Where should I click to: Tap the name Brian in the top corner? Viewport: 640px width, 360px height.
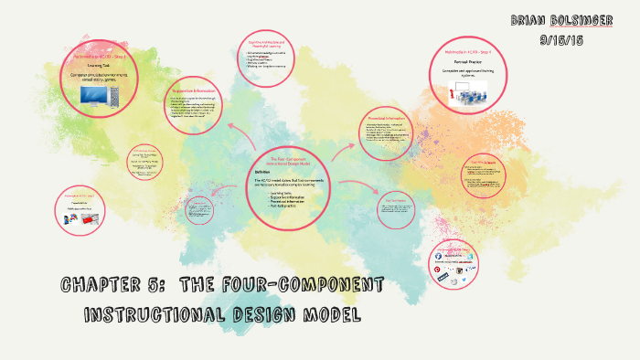(x=529, y=19)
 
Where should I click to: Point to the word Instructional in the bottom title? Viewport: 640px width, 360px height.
(x=150, y=315)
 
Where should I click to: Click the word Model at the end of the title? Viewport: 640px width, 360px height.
(x=334, y=315)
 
